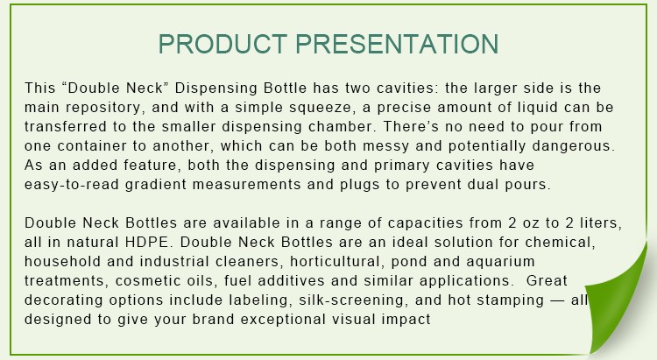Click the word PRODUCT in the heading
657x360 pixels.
coord(223,44)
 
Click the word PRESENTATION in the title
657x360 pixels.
coord(397,44)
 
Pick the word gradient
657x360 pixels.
coord(156,185)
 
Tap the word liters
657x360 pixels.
coord(601,223)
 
